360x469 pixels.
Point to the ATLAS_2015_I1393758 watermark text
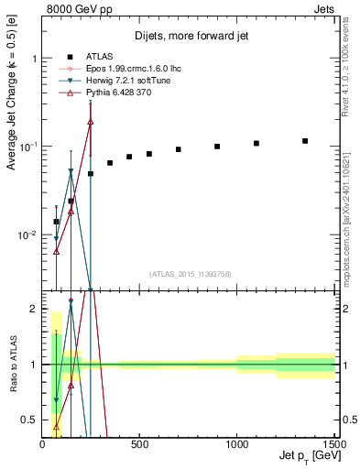pos(190,273)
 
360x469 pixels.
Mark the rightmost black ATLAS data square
pos(305,141)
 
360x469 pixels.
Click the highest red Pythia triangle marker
pos(90,121)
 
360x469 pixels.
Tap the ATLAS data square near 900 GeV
pos(217,147)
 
